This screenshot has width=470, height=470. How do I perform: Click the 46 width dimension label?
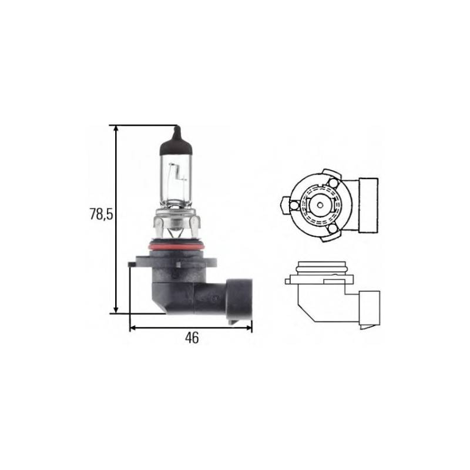tap(192, 338)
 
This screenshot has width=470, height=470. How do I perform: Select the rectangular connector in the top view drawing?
tap(369, 204)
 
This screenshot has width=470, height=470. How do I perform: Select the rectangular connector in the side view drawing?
tap(372, 306)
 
